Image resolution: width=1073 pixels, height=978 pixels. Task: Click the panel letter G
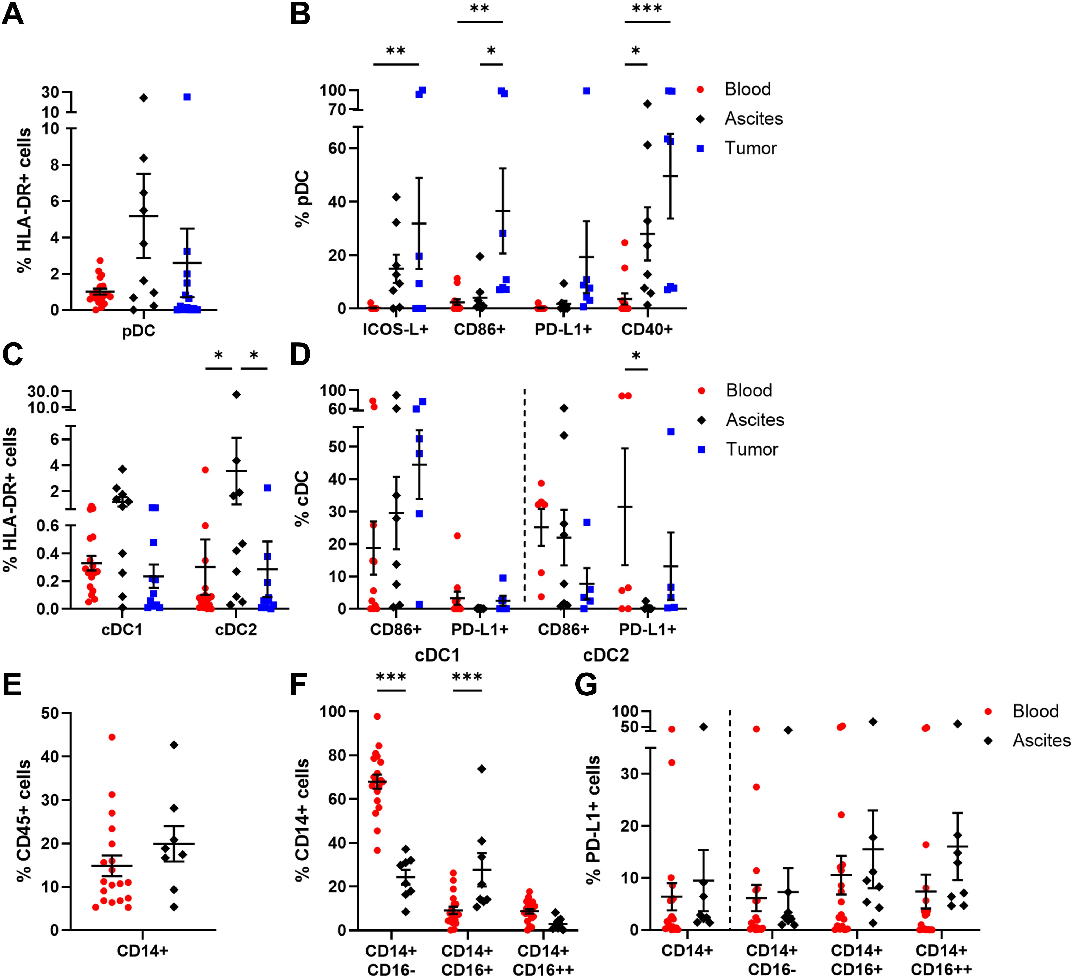click(586, 685)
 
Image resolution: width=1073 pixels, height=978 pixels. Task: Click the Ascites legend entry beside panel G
click(1040, 740)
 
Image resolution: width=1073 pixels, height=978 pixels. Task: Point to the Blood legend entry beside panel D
click(748, 391)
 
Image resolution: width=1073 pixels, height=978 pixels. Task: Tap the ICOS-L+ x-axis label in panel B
click(395, 329)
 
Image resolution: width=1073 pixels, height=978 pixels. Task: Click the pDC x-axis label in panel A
click(138, 331)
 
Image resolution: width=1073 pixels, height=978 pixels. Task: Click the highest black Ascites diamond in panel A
click(144, 98)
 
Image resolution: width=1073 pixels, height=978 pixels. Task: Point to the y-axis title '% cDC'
click(302, 498)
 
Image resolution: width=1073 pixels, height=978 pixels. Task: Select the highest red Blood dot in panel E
click(112, 737)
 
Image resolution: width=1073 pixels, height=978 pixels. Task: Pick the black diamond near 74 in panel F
click(482, 769)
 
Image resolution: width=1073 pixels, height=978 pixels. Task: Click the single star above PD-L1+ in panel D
click(636, 356)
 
